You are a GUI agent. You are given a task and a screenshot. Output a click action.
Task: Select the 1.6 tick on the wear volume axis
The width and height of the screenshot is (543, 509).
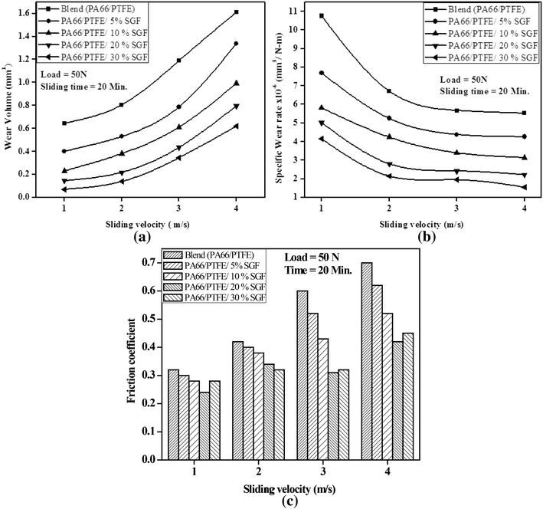(30, 12)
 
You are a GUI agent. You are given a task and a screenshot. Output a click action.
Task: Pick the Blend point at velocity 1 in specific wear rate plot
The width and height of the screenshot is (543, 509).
(322, 15)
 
